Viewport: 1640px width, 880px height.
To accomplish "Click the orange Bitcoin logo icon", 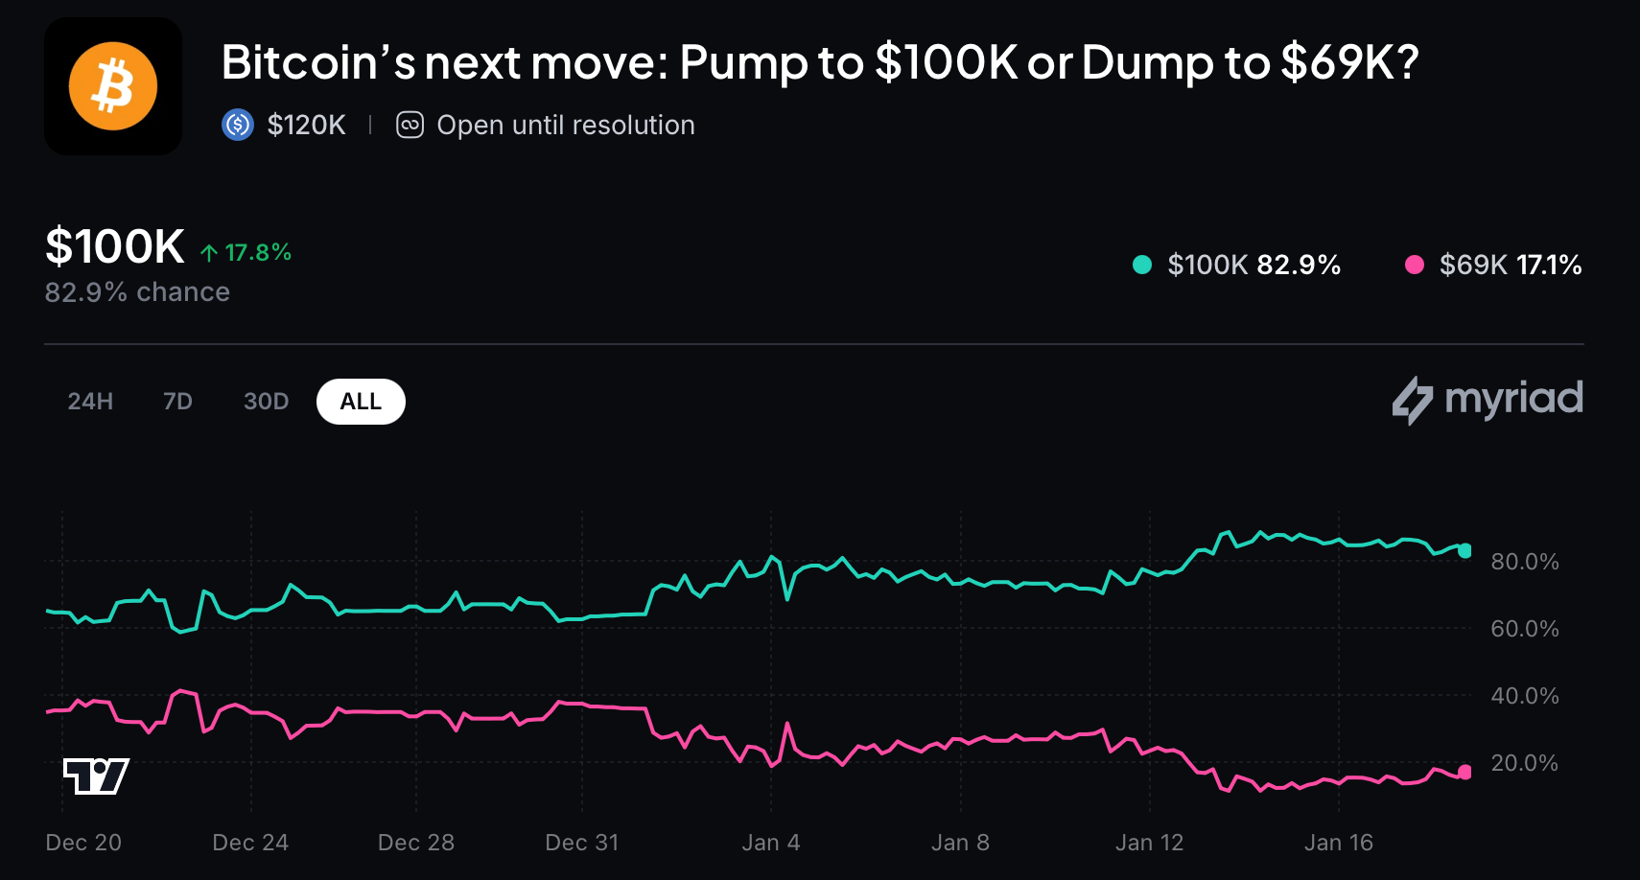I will point(113,86).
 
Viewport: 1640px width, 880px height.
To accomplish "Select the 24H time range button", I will point(90,402).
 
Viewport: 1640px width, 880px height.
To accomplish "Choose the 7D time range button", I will point(177,402).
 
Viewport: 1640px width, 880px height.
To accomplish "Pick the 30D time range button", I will point(266,402).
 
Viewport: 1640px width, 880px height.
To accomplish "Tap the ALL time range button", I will point(361,402).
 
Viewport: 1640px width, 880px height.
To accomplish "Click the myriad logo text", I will point(1512,399).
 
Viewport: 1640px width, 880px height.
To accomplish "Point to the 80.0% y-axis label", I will point(1524,562).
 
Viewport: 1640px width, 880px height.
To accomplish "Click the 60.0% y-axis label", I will point(1524,629).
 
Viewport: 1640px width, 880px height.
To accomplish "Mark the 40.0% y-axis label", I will point(1524,696).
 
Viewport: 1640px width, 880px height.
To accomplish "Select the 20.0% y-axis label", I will point(1524,763).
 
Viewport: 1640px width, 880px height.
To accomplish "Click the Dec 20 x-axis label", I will point(83,843).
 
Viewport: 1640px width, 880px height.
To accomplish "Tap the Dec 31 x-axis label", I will point(581,843).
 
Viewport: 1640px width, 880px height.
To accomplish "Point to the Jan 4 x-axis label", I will point(770,843).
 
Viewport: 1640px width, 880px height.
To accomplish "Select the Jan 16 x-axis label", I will point(1338,843).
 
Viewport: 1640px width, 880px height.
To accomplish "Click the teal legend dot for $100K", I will point(1141,265).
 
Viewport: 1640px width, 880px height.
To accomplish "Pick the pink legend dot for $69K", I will point(1414,265).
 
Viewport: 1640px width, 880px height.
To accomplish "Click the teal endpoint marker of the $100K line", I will point(1464,550).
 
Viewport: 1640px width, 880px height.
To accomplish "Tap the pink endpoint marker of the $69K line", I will point(1464,772).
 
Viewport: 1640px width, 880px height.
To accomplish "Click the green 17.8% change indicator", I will point(246,252).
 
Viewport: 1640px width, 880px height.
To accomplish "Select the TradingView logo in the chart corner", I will point(96,776).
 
